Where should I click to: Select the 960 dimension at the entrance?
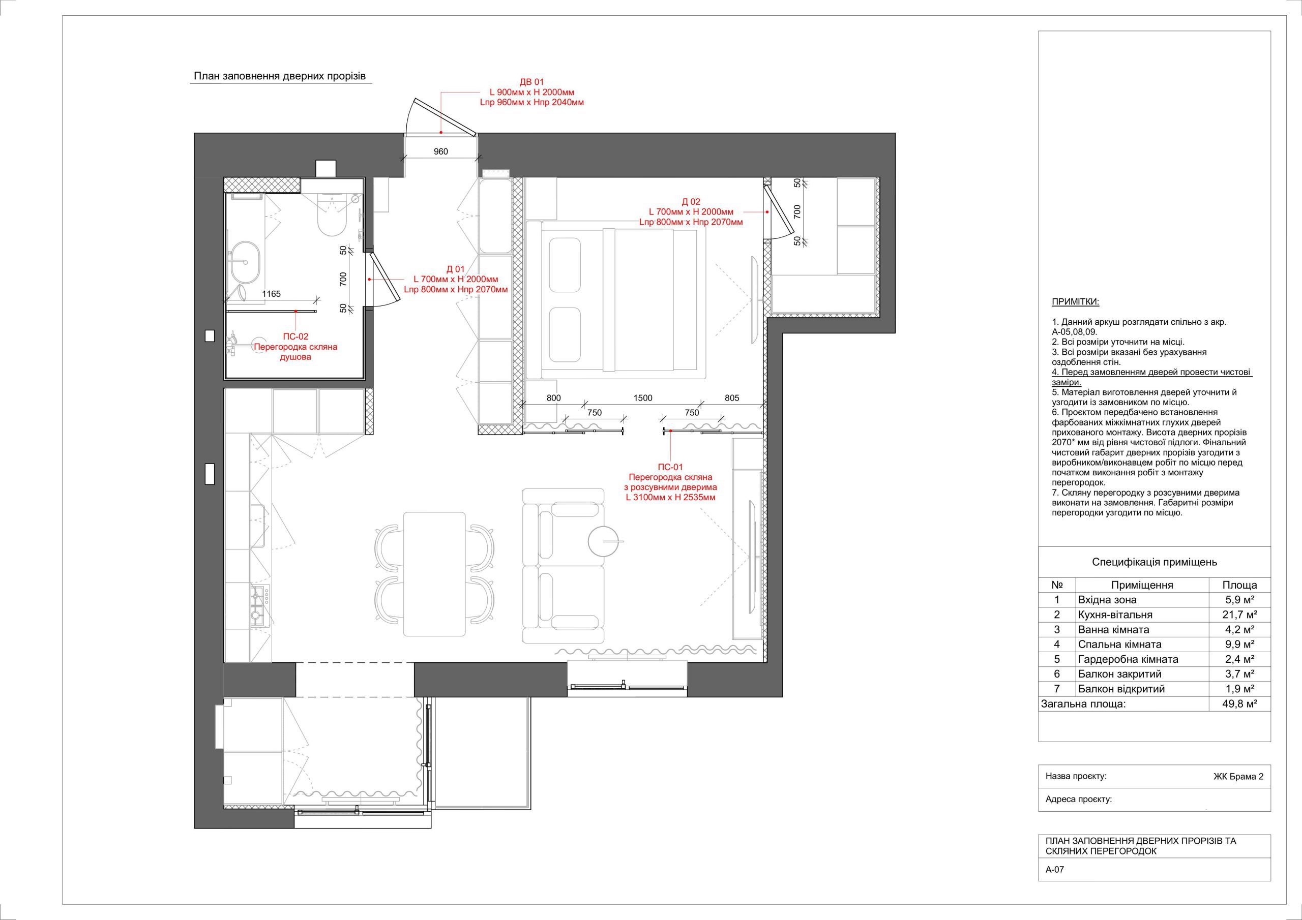coord(440,151)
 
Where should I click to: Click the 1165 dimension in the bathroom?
coord(271,294)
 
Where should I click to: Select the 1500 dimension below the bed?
coord(642,398)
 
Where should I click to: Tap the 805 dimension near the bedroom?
coord(732,398)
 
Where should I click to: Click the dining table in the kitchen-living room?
coord(434,574)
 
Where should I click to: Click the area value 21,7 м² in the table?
coord(1239,615)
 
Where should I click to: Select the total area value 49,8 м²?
coord(1239,704)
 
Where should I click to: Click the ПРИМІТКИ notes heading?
coord(1075,301)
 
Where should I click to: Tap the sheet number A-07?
coord(1055,885)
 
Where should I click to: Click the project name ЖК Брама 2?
coord(1238,777)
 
